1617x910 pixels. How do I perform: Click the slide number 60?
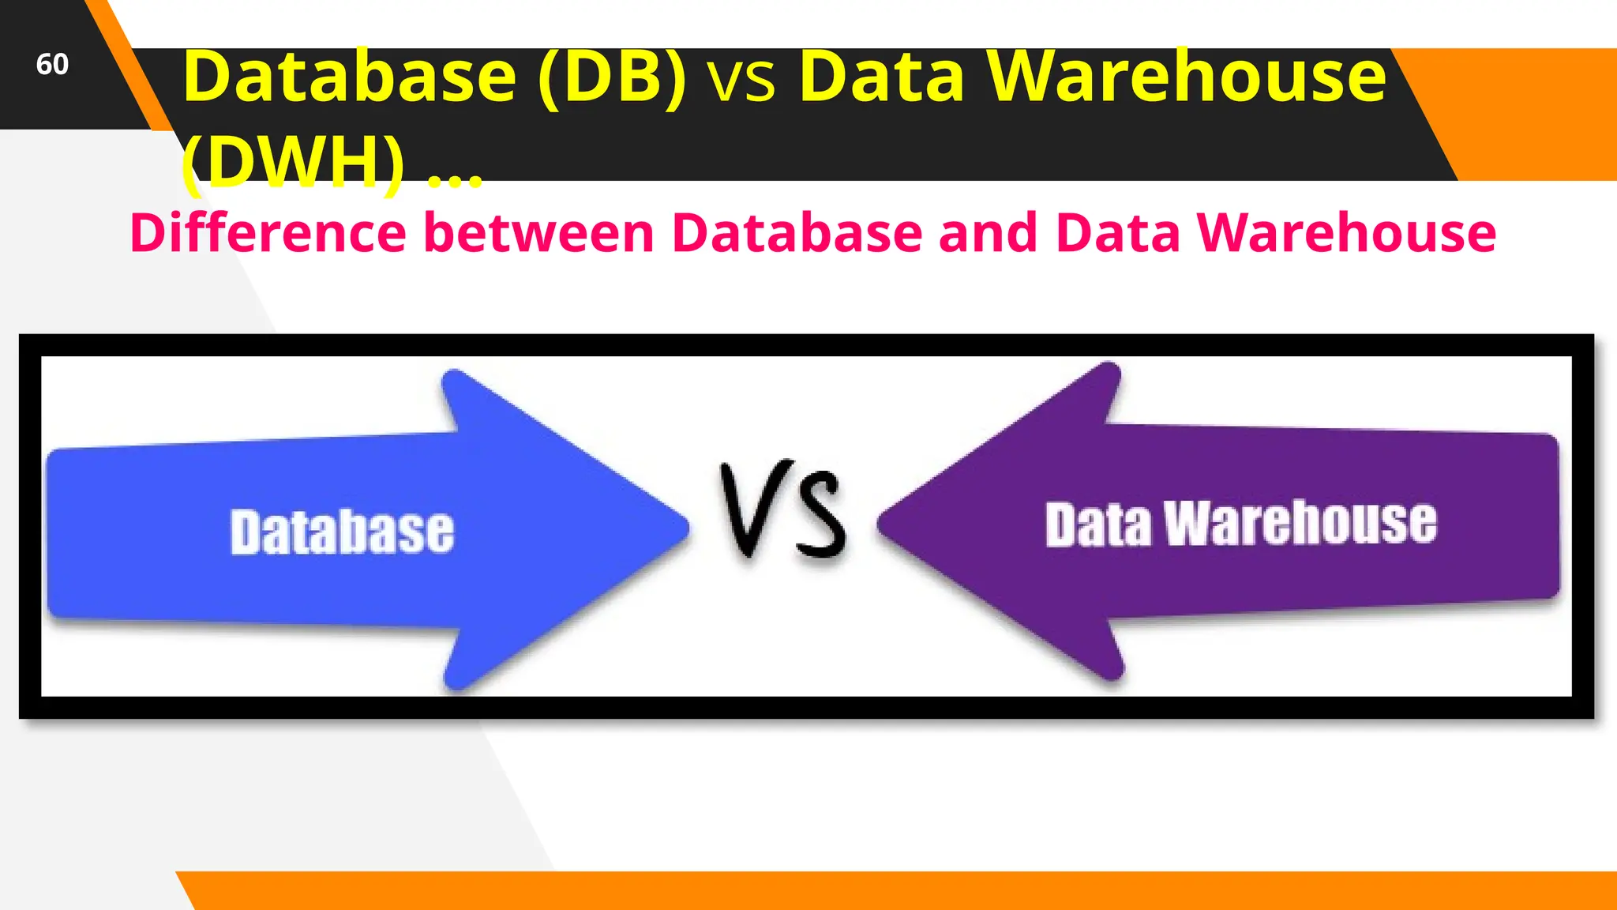(x=52, y=64)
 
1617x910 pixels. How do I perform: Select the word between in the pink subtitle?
(x=539, y=233)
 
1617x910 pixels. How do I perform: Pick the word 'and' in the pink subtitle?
(x=988, y=233)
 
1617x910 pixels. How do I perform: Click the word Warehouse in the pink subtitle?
(x=1346, y=233)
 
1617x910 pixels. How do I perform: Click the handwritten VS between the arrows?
(x=782, y=510)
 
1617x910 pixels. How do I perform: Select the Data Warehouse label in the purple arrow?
(x=1240, y=523)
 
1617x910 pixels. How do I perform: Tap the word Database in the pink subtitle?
(x=797, y=233)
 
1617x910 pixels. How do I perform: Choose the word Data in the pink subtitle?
(x=1117, y=233)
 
